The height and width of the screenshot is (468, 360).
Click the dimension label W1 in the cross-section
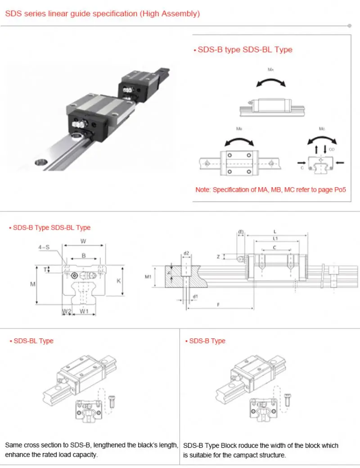(x=84, y=311)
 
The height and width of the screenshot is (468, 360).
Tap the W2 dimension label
(x=66, y=311)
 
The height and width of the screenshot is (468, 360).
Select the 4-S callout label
(x=44, y=247)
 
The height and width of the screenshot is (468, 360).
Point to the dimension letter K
(x=119, y=280)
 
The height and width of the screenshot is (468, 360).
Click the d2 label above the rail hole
(x=186, y=253)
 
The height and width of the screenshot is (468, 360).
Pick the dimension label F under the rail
(x=218, y=305)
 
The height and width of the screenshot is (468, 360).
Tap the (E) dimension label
(x=241, y=232)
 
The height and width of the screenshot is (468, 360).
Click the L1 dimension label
(x=275, y=238)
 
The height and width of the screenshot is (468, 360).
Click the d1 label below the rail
(x=194, y=296)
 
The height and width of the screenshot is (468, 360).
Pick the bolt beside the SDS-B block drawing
(x=287, y=399)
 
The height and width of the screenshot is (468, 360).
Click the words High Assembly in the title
(x=170, y=13)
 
